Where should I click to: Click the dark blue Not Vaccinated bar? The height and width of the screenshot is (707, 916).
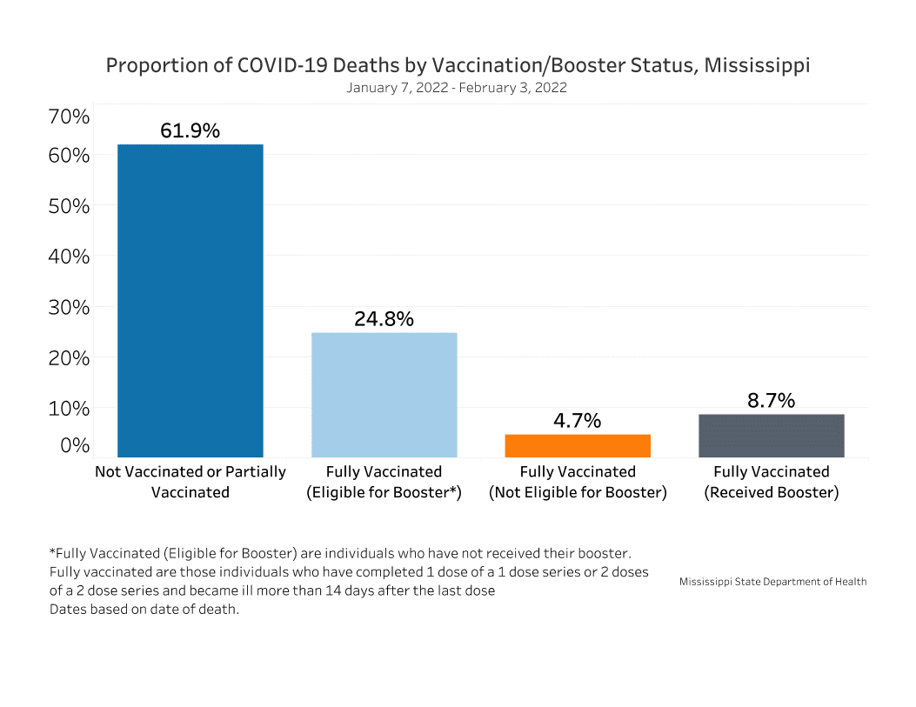pos(190,300)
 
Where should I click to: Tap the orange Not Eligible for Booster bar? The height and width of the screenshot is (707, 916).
pos(578,445)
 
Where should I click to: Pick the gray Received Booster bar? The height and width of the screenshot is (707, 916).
pos(772,435)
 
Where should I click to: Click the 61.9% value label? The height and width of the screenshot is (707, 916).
pos(190,130)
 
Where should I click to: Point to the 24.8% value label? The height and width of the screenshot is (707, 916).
pos(384,318)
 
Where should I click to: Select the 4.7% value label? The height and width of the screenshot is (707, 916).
pos(578,421)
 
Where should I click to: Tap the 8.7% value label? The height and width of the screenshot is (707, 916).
pos(772,400)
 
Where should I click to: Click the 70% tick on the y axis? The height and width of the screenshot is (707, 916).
pos(69,116)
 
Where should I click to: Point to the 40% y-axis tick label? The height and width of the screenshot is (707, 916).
pos(69,257)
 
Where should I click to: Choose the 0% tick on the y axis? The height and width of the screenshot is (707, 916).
pos(74,445)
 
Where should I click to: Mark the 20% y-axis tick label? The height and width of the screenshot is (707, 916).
pos(69,357)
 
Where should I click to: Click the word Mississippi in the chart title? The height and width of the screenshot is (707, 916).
pos(757,66)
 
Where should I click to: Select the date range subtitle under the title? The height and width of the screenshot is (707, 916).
pos(457,88)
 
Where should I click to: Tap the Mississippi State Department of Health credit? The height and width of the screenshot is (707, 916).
pos(772,582)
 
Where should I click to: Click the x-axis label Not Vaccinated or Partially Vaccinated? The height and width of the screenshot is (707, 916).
pos(190,482)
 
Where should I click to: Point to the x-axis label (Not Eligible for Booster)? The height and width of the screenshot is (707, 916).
pos(578,492)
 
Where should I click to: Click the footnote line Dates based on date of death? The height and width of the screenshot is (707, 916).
pos(144,609)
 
